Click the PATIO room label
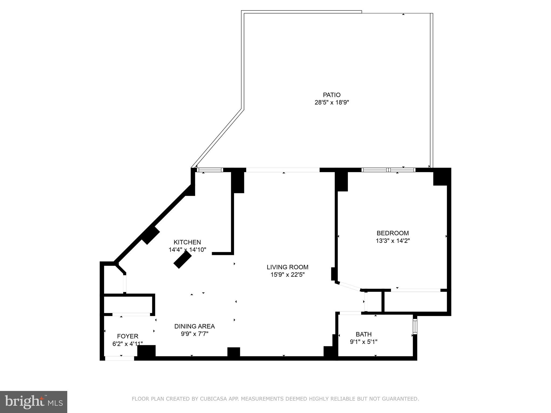(331, 95)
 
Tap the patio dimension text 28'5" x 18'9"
(331, 102)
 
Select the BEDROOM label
(393, 233)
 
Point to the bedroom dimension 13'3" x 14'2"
(393, 241)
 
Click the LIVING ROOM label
(287, 267)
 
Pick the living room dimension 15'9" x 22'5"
(287, 275)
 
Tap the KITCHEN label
(187, 242)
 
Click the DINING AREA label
(195, 326)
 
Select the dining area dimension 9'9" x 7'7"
(195, 334)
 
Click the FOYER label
(128, 336)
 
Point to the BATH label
(363, 334)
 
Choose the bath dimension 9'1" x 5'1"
(363, 342)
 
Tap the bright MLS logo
(33, 402)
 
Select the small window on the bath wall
(415, 326)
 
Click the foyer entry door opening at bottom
(119, 358)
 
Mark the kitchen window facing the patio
(210, 170)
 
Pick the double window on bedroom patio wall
(388, 170)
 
